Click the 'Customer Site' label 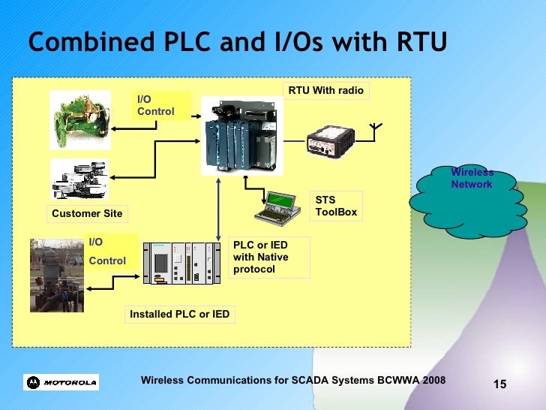pyautogui.click(x=87, y=214)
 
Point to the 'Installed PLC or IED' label pyautogui.click(x=179, y=315)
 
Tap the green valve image pyautogui.click(x=79, y=119)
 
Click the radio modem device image pyautogui.click(x=331, y=140)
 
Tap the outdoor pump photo pyautogui.click(x=56, y=275)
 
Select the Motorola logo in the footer pyautogui.click(x=61, y=382)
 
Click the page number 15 pyautogui.click(x=499, y=384)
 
